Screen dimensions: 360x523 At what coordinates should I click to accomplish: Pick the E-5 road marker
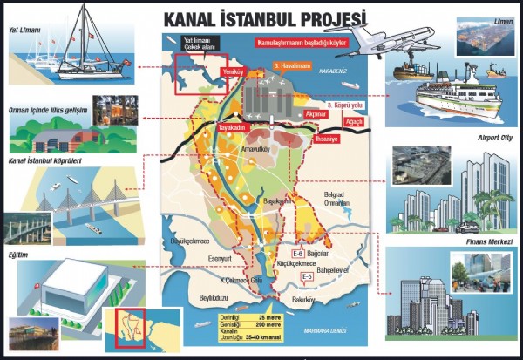(307, 276)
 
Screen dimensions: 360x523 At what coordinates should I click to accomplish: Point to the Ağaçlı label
(357, 123)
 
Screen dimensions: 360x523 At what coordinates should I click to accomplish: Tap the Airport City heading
(492, 138)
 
